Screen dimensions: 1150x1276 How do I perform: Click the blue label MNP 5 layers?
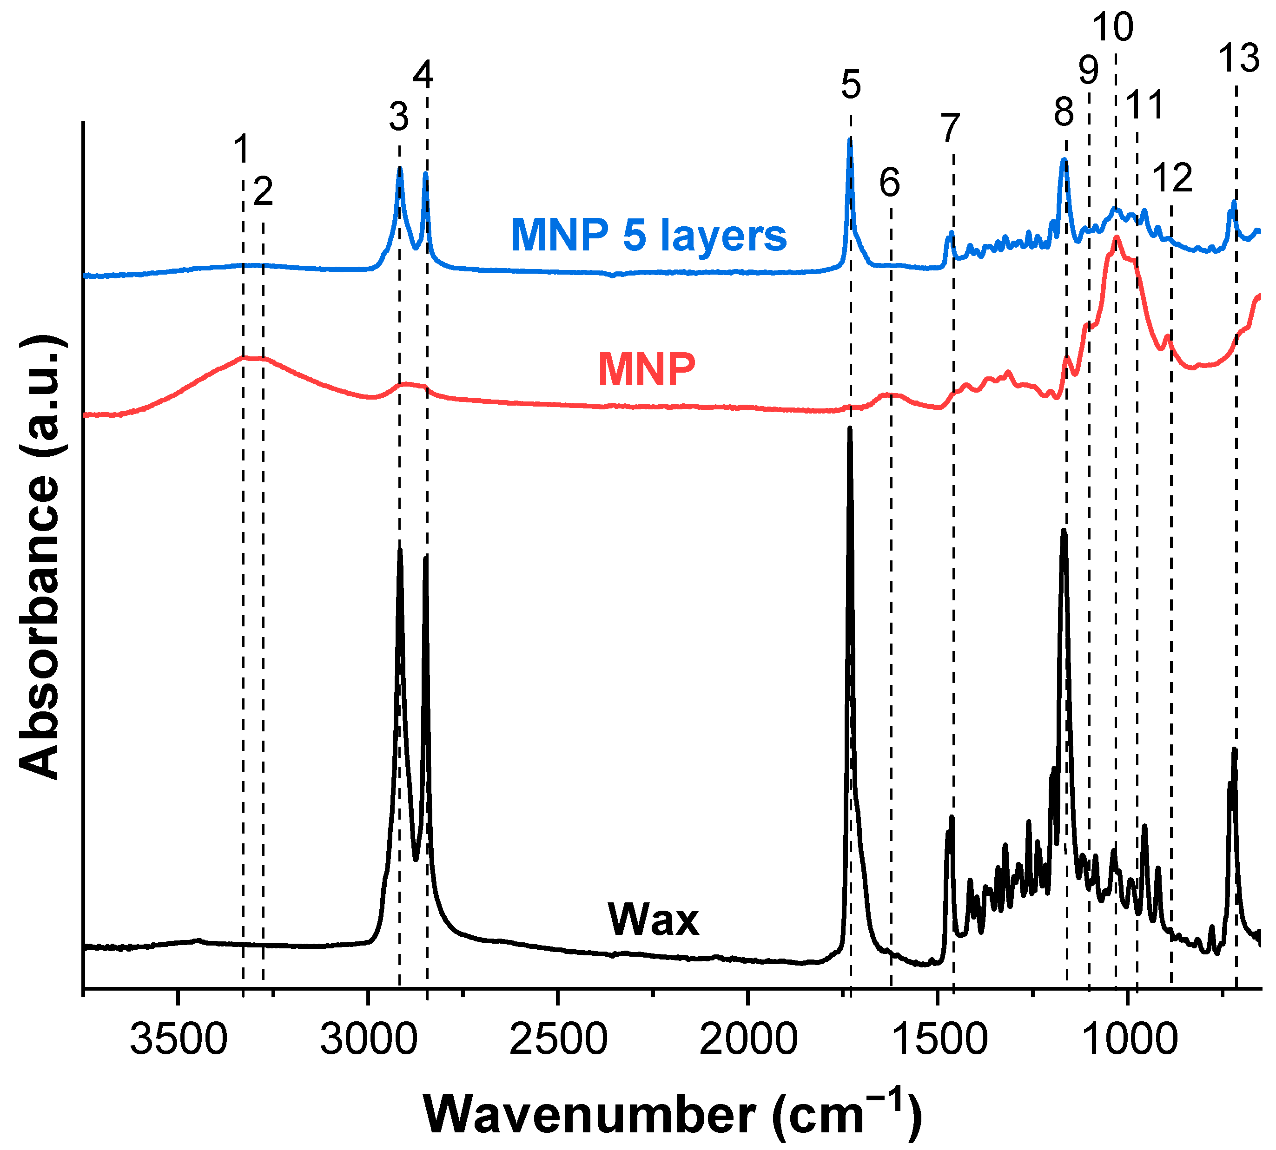pos(648,236)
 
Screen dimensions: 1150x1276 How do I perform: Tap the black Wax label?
pos(654,920)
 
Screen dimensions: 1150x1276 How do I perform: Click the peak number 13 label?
pos(1239,58)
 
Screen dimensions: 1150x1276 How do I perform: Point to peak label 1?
pos(241,149)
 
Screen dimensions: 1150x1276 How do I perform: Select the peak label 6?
pos(890,183)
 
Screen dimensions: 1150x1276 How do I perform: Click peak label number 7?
pos(950,128)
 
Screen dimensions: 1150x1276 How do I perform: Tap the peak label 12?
pos(1172,177)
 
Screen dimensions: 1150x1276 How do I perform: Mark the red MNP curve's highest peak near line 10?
pos(1117,238)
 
